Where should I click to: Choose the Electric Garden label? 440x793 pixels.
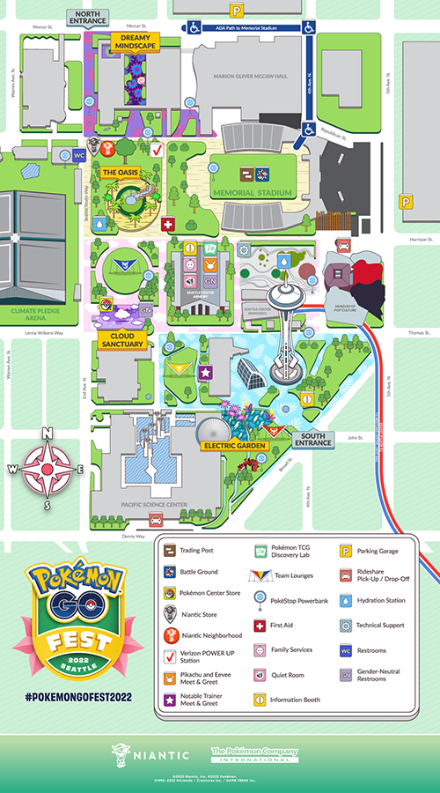(234, 446)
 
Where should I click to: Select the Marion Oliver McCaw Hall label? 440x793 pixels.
(251, 77)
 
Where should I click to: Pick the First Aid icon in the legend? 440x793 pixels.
(260, 626)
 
